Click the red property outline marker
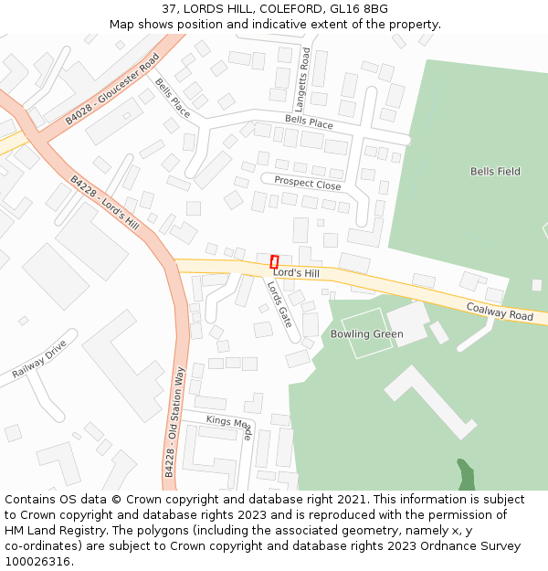(274, 262)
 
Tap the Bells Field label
(495, 172)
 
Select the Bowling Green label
(366, 334)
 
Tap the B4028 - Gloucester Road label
(112, 89)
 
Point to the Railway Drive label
(39, 360)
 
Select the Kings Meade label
(229, 425)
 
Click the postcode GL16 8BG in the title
(364, 9)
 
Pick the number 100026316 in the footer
(39, 562)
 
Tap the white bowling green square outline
(366, 334)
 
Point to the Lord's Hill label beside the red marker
(297, 273)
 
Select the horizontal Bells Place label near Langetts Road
(309, 121)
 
